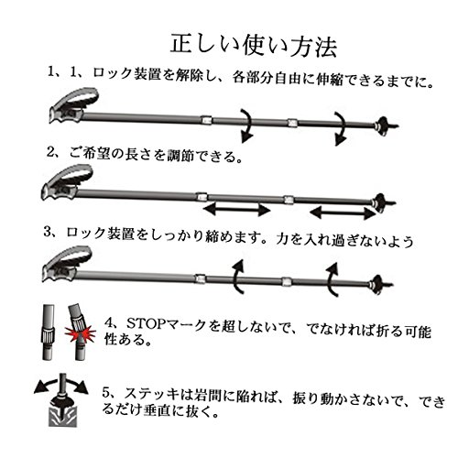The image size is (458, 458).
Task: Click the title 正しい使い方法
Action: pos(254,47)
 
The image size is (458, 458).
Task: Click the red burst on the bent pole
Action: pos(80,333)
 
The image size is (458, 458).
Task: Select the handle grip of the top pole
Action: pos(74,105)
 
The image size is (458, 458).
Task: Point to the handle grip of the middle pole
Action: pos(67,182)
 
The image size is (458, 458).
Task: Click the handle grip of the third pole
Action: pos(67,264)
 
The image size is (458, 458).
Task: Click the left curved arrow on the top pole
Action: pos(248,125)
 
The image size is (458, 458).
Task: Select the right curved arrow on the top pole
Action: pos(341,128)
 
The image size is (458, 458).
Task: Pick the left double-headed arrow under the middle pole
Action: pos(236,210)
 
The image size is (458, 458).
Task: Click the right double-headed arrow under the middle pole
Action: pos(343,213)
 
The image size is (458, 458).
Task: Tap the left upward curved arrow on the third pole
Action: pos(238,277)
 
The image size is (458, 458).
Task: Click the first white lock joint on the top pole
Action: pos(206,120)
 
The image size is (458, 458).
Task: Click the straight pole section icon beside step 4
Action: pos(48,332)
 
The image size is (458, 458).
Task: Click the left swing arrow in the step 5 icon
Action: pos(46,384)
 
